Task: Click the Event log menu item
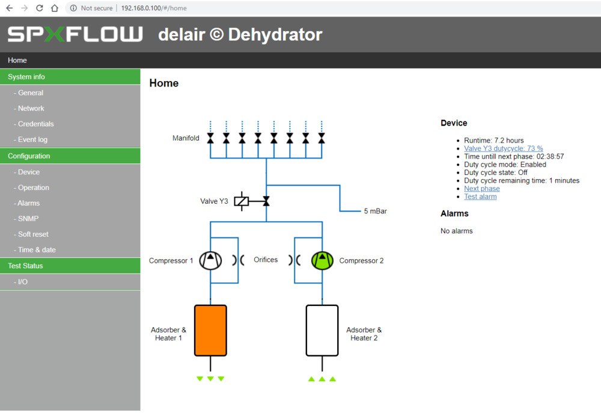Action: click(x=32, y=139)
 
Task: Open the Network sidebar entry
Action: click(x=31, y=108)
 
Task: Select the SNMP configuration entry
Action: click(x=28, y=219)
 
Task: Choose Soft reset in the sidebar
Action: click(x=33, y=234)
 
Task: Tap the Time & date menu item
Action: click(x=37, y=250)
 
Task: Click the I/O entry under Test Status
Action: click(x=23, y=282)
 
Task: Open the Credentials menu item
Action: click(x=35, y=124)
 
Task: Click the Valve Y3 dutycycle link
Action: click(x=503, y=148)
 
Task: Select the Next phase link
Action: click(x=481, y=189)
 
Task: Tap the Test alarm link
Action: click(x=480, y=197)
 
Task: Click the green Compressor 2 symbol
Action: click(x=322, y=260)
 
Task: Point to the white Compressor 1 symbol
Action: click(x=210, y=260)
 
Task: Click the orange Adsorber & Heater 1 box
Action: click(x=210, y=331)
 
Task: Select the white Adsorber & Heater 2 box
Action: click(x=322, y=331)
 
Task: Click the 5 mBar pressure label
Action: click(x=375, y=212)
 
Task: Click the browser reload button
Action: click(x=40, y=8)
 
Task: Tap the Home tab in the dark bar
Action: click(x=17, y=60)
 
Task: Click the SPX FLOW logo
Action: click(x=75, y=34)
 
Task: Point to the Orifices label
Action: click(x=266, y=260)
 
